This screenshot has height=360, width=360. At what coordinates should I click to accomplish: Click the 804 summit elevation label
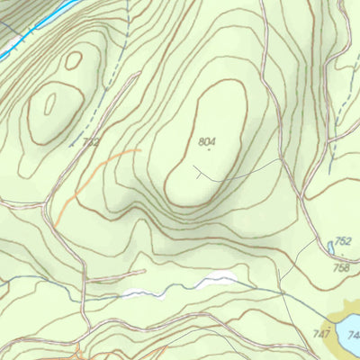[x=209, y=141]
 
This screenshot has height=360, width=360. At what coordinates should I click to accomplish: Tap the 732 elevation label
[x=90, y=141]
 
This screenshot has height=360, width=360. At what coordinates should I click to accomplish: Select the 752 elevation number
[x=342, y=242]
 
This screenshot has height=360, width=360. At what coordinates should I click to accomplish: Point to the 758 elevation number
[x=340, y=267]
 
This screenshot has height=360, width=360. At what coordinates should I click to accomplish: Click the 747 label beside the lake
[x=322, y=334]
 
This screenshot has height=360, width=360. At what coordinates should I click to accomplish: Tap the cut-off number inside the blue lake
[x=354, y=336]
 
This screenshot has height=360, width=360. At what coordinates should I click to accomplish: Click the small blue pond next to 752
[x=330, y=247]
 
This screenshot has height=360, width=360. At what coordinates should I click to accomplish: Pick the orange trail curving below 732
[x=90, y=175]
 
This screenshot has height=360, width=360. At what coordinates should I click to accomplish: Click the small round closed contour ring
[x=74, y=59]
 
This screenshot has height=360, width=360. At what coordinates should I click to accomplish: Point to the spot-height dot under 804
[x=209, y=149]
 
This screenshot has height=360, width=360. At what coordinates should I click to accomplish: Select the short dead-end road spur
[x=117, y=273]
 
